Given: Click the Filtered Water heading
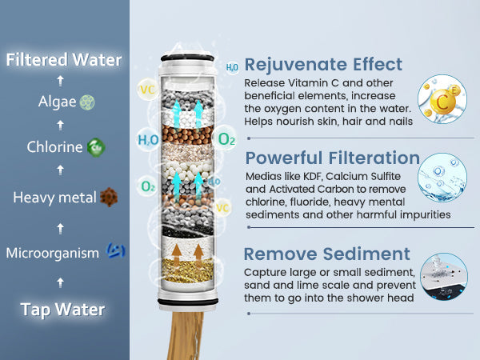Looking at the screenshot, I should [x=64, y=60].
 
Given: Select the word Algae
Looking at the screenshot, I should [x=57, y=102].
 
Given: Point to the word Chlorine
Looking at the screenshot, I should [x=54, y=147].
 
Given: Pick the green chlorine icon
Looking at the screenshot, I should [x=96, y=147].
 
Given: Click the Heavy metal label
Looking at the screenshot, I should [x=54, y=197].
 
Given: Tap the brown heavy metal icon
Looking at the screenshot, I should [x=109, y=197].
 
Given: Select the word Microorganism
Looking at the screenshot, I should [x=52, y=253].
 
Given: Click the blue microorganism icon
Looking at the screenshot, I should [x=115, y=253].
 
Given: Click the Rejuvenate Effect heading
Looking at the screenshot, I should [x=323, y=64].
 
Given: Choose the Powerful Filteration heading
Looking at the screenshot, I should [x=332, y=158].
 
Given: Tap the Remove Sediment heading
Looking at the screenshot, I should [x=327, y=254].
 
